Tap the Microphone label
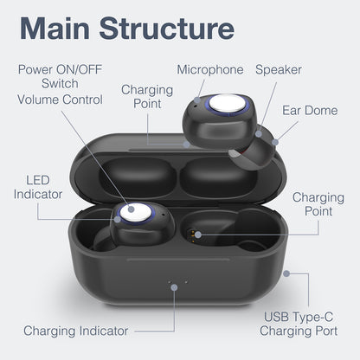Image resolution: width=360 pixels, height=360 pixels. point(209,69)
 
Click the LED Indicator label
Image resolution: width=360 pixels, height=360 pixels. point(38,187)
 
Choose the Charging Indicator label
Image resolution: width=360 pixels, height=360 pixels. point(76,331)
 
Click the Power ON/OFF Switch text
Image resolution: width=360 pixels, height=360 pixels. point(59,76)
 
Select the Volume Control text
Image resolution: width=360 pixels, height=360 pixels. point(60,99)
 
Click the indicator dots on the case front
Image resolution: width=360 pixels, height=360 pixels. point(174,282)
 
